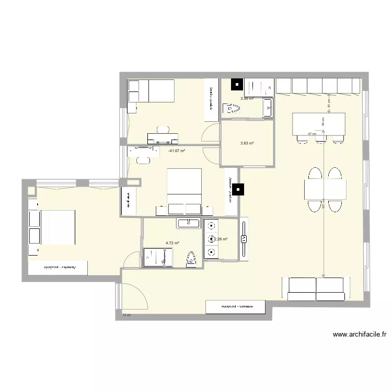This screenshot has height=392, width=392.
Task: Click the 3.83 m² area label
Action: coord(247,143)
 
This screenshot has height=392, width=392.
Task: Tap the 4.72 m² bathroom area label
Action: coord(172,243)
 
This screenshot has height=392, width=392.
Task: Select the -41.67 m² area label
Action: coord(177,151)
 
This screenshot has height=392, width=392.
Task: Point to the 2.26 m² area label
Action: coord(221,239)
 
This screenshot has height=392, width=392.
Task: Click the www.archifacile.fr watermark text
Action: coord(359,335)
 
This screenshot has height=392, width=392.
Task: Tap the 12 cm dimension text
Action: coord(126,315)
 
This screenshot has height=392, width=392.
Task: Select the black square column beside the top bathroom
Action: coord(237,84)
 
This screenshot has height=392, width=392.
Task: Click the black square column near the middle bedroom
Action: coord(239,190)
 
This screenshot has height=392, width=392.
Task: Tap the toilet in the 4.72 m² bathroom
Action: coord(192,258)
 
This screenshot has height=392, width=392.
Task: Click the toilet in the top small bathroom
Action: coord(231,109)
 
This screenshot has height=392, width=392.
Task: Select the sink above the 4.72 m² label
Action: coord(189,224)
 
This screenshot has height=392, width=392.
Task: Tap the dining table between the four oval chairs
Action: coord(325,189)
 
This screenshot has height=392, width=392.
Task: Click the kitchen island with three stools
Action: coord(319,124)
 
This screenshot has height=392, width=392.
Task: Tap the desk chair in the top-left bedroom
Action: coord(163,129)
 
